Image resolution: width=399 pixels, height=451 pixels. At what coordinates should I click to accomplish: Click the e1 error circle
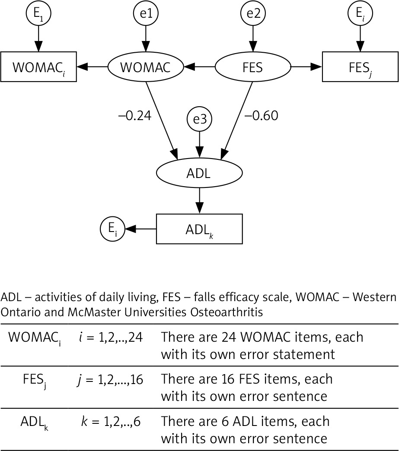pyautogui.click(x=146, y=13)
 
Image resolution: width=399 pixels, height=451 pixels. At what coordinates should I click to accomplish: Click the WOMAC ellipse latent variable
pyautogui.click(x=146, y=67)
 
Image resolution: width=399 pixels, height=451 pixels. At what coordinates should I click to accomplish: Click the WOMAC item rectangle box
pyautogui.click(x=38, y=67)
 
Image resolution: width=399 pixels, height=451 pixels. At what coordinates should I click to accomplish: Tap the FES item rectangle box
pyautogui.click(x=359, y=67)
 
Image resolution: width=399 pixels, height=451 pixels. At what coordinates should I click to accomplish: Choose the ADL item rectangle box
pyautogui.click(x=199, y=229)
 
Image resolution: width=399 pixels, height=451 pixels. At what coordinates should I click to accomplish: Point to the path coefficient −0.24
pyautogui.click(x=134, y=116)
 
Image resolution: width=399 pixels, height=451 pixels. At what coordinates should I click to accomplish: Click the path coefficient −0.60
pyautogui.click(x=262, y=116)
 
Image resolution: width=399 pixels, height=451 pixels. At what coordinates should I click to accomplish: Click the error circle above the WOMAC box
pyautogui.click(x=38, y=13)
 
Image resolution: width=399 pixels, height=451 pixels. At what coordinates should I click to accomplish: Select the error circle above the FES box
pyautogui.click(x=359, y=13)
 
